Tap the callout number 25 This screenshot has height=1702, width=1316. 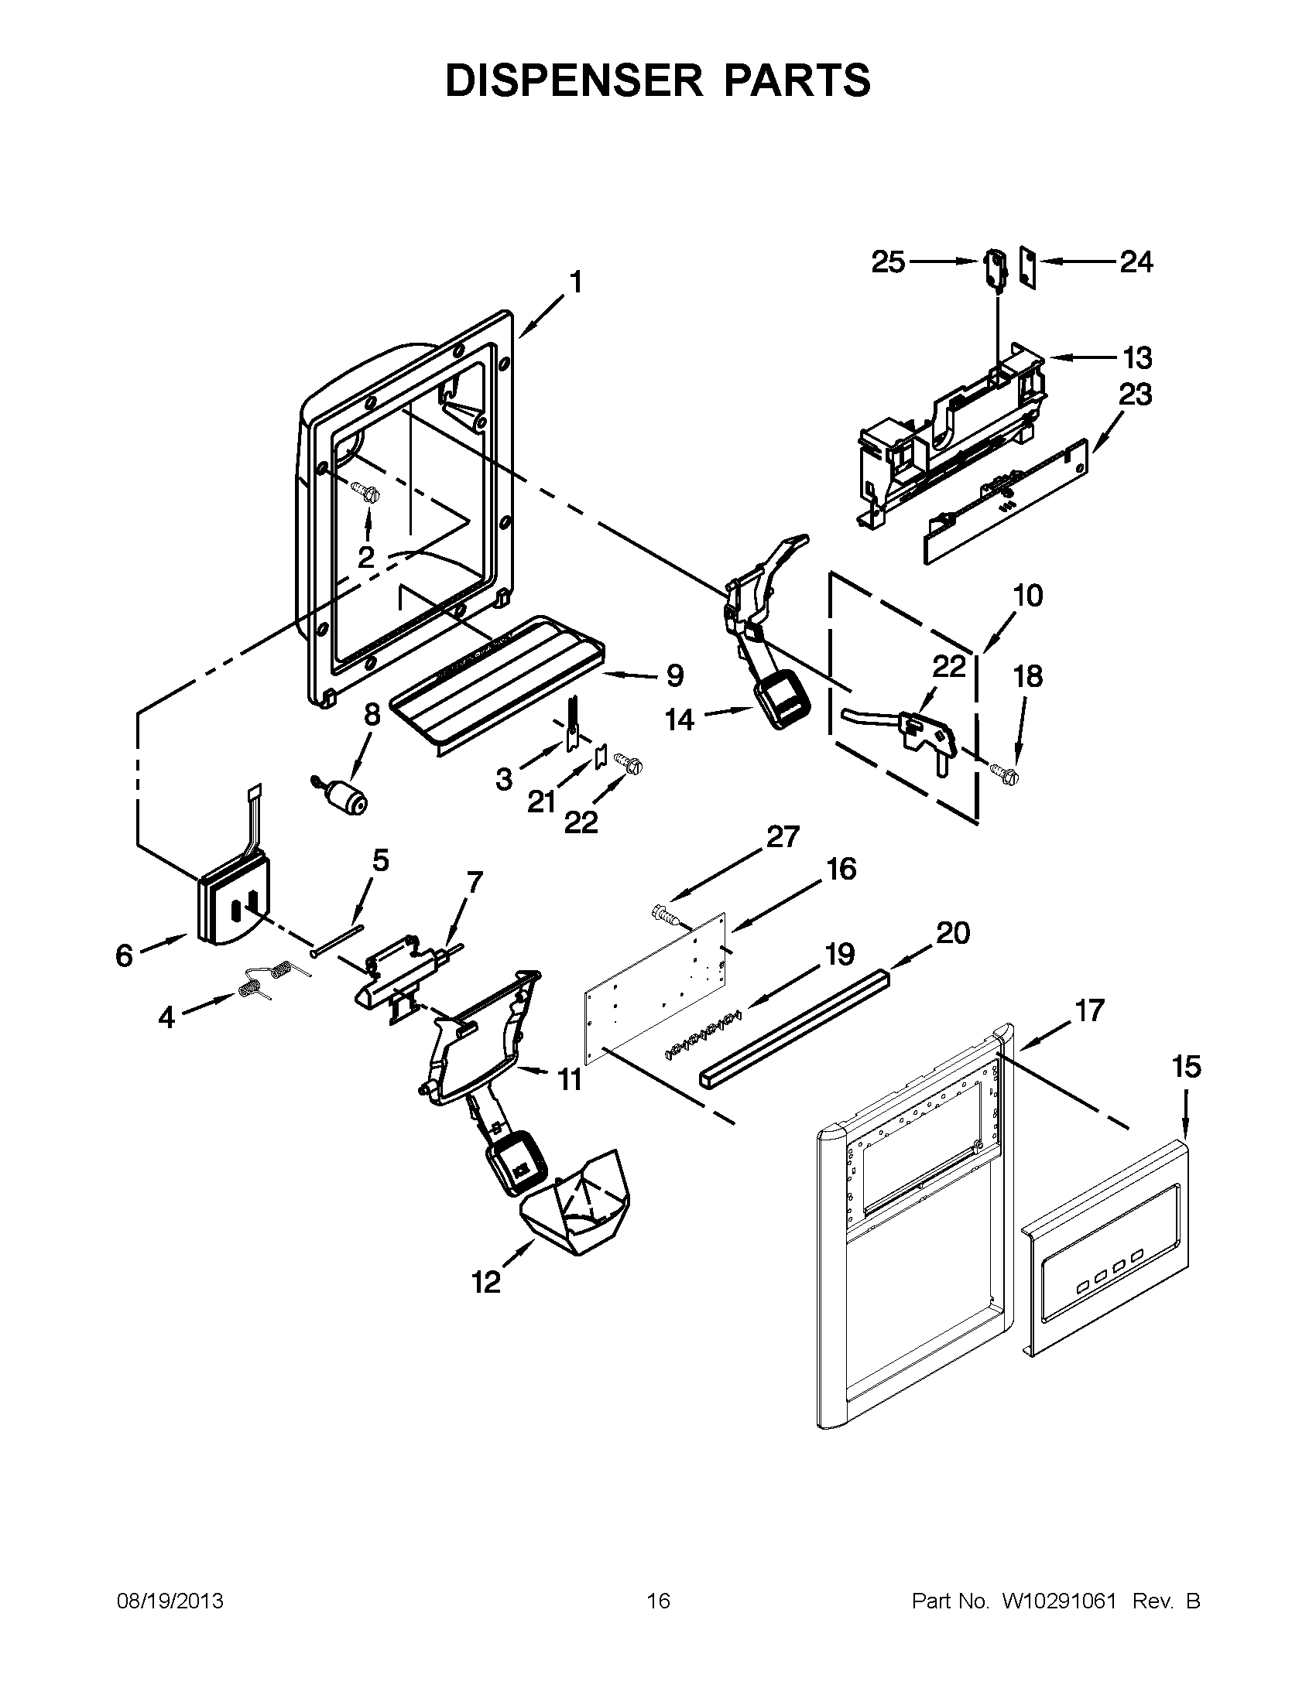tap(888, 262)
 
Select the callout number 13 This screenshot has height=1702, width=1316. tap(1136, 357)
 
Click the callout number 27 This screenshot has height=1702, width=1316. tap(783, 838)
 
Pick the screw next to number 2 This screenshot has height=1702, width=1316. tap(364, 493)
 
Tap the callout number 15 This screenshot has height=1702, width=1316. tap(1186, 1067)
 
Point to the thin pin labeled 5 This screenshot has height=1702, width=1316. tap(336, 938)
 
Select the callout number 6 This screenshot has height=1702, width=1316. tap(125, 955)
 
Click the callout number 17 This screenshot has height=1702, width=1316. tap(1089, 1011)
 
